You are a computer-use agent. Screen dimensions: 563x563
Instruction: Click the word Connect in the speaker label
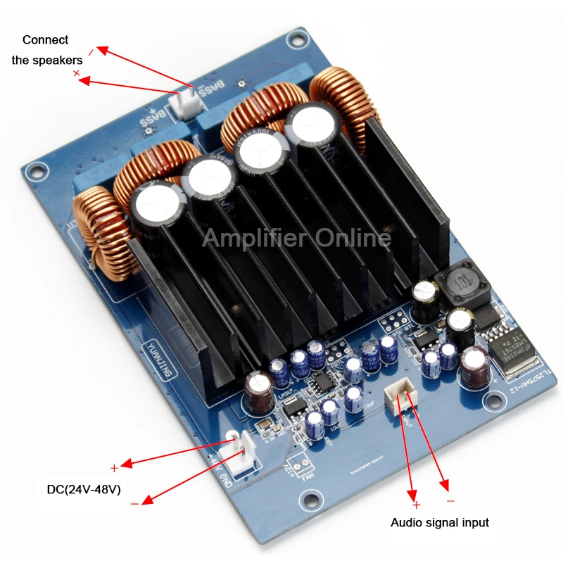click(x=46, y=40)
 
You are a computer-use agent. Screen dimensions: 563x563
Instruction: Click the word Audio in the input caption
click(x=405, y=523)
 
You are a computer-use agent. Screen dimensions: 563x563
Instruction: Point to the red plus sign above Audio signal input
click(x=416, y=505)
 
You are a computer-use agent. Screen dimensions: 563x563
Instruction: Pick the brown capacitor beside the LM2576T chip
click(x=476, y=365)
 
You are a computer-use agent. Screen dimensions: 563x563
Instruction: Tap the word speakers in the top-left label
click(x=46, y=61)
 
